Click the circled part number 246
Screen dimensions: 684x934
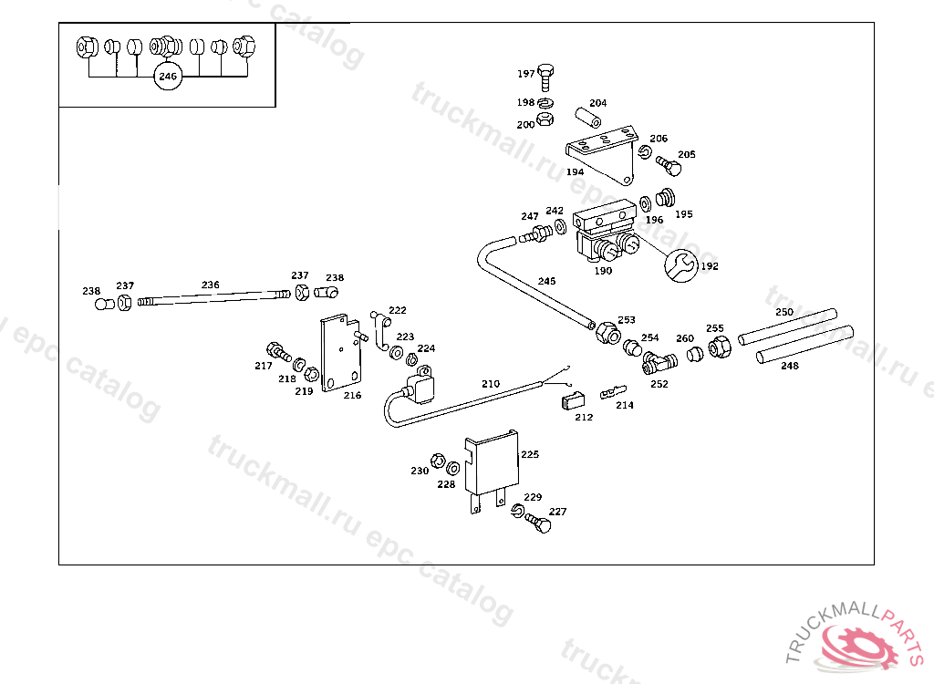click(x=168, y=77)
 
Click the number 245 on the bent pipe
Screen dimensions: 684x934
click(x=546, y=281)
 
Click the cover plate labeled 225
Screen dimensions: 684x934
click(x=491, y=465)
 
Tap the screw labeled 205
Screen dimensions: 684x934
click(x=669, y=167)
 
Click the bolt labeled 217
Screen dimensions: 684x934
click(x=275, y=350)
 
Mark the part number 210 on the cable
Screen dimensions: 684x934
click(x=491, y=384)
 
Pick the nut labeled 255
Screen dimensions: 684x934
click(x=717, y=347)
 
